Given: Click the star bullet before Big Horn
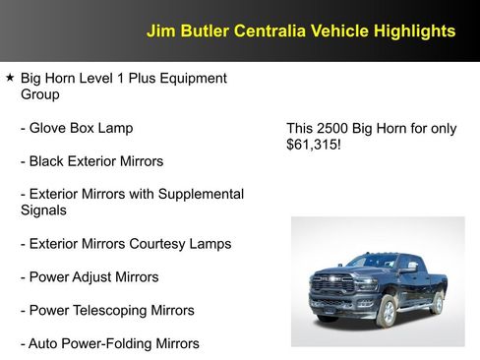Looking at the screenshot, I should (x=10, y=77).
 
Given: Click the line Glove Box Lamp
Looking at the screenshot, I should (x=81, y=128).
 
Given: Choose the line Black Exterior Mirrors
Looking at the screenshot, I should (x=96, y=160).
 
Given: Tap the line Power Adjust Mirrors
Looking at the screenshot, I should (x=93, y=277).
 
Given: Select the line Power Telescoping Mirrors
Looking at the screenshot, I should (x=111, y=311).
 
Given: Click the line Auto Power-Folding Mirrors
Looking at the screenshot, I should (x=113, y=343).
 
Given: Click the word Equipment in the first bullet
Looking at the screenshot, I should (x=192, y=78).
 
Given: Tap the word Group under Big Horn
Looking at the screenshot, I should (x=40, y=94).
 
